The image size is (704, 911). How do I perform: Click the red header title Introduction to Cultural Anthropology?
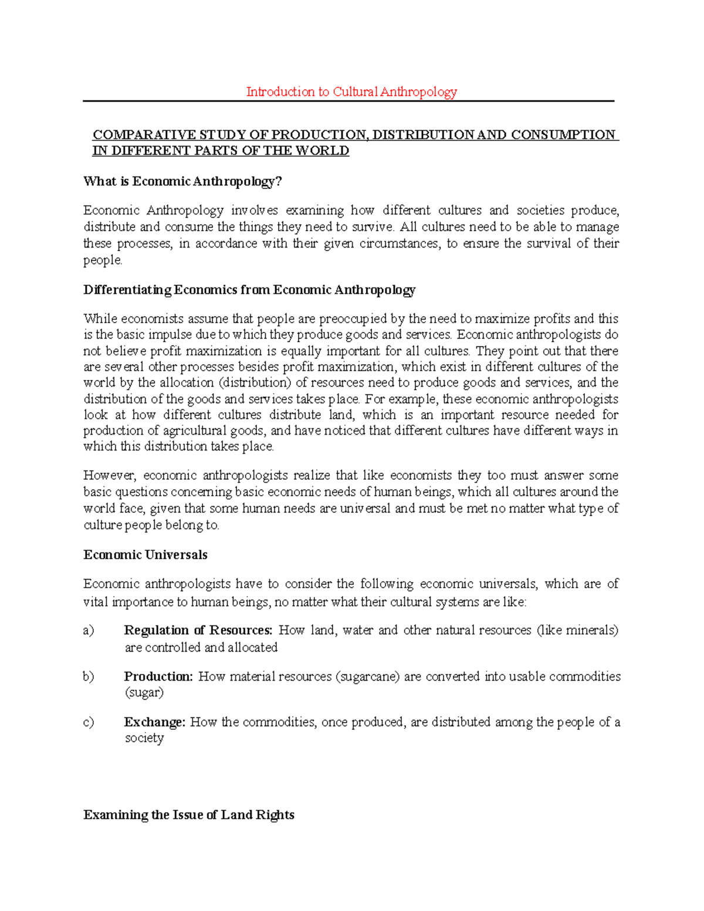tap(351, 92)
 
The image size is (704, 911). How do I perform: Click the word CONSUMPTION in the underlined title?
tap(563, 135)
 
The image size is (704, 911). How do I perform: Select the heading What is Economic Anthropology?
tap(182, 181)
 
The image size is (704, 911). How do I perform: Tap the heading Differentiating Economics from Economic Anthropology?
tap(249, 290)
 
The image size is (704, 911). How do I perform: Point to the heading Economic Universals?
tap(145, 555)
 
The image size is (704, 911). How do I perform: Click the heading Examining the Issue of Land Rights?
tap(188, 815)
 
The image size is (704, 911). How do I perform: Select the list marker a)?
tap(89, 631)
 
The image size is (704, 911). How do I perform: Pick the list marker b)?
tap(89, 677)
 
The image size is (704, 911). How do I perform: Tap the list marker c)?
tap(89, 723)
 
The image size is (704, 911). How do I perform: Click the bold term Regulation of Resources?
tap(198, 631)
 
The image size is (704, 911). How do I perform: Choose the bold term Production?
tap(158, 677)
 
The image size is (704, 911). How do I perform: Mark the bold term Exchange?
tap(154, 723)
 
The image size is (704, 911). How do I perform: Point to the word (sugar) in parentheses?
tap(144, 693)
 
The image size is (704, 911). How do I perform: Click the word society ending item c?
tap(144, 739)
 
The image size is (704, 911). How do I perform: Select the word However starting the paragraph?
tap(110, 476)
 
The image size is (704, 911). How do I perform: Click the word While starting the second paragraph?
tap(100, 319)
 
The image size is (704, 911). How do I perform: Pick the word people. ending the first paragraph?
tap(103, 260)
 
